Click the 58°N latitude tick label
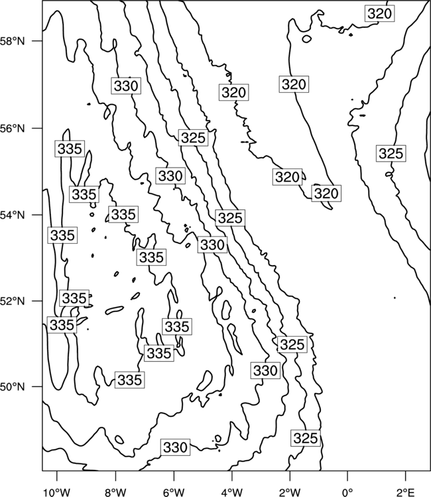point(12,41)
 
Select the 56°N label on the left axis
point(12,129)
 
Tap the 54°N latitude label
point(12,215)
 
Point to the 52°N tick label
point(12,301)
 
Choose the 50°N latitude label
point(12,387)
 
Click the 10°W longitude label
point(56,492)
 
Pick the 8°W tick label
point(115,492)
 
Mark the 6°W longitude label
point(173,492)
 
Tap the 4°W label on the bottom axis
point(231,492)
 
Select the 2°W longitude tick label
point(290,492)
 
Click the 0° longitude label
point(347,492)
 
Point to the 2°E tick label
point(406,492)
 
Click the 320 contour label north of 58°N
point(380,14)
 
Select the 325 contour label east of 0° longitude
point(391,154)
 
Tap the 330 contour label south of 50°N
point(175,447)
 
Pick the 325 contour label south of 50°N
point(306,438)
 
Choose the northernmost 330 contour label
point(126,85)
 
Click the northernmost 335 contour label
point(70,148)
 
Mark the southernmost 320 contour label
point(326,193)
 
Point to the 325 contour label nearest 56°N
point(193,138)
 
